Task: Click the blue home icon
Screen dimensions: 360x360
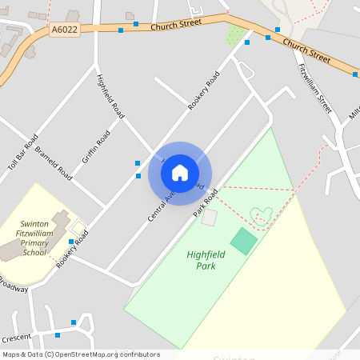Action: click(x=180, y=173)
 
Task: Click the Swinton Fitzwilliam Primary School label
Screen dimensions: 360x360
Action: click(x=34, y=238)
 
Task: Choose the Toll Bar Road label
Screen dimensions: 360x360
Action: click(x=23, y=150)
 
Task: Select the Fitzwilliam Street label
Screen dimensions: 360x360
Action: click(x=314, y=89)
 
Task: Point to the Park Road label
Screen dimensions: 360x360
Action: click(x=206, y=203)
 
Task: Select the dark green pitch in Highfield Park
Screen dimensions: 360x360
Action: click(x=244, y=241)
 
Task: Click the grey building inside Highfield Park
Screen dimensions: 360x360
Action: click(x=210, y=217)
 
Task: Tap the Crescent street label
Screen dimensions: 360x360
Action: click(x=16, y=338)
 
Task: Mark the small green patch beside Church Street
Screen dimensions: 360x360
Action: click(x=234, y=34)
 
